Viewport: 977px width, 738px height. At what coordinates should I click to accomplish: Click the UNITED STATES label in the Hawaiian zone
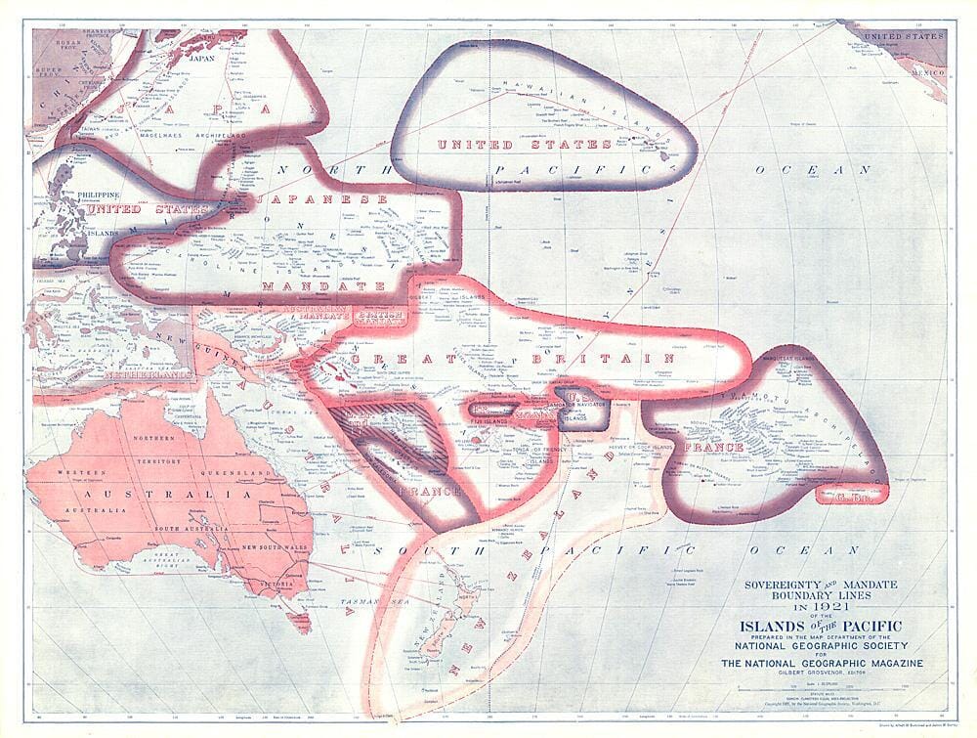tap(524, 145)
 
